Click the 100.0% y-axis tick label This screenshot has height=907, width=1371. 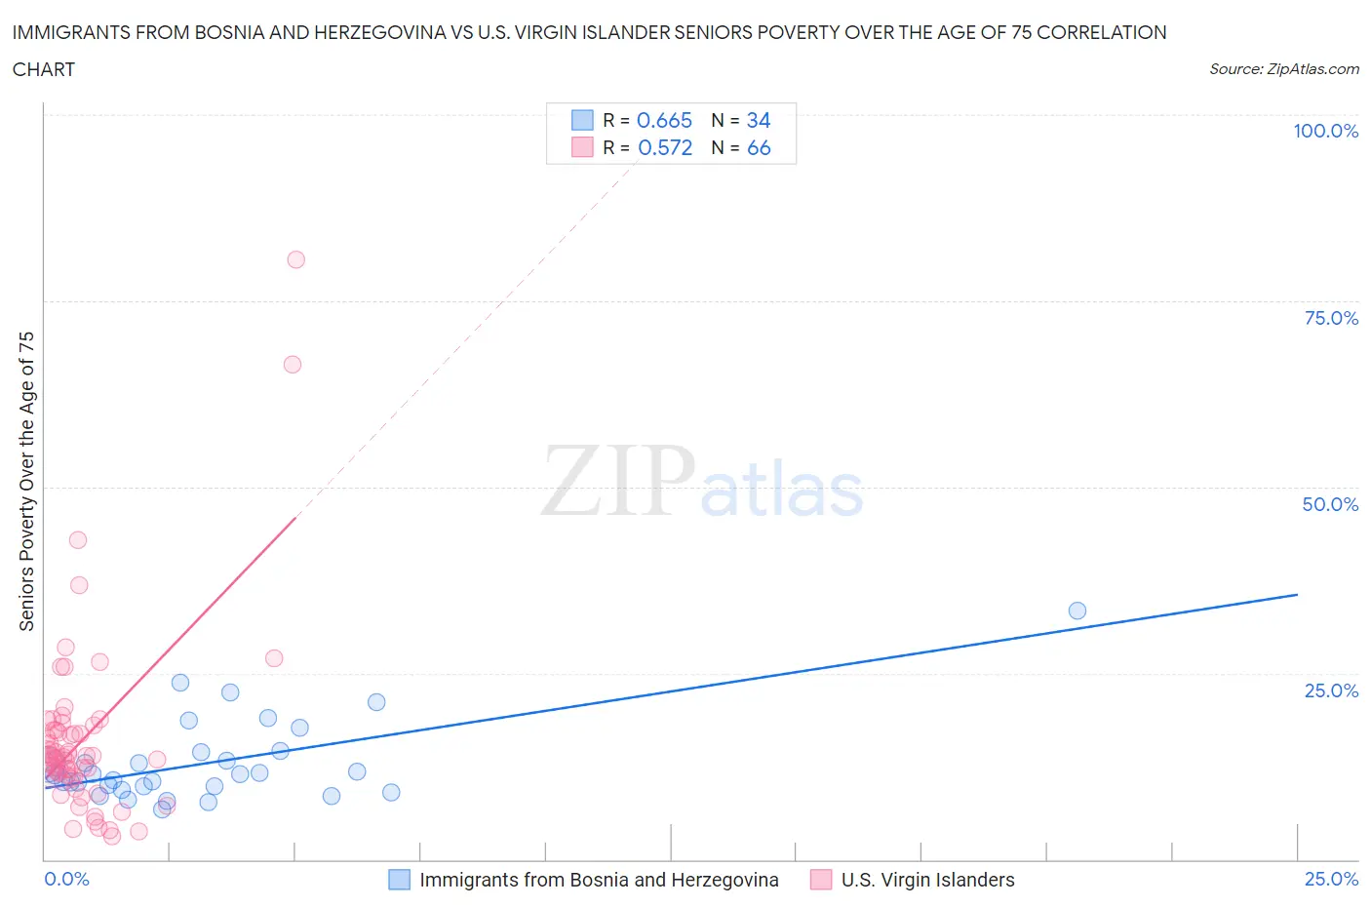[1325, 131]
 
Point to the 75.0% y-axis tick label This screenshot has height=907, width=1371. [1331, 318]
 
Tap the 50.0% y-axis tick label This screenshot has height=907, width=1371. [1330, 504]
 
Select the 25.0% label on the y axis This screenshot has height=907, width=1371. [1331, 690]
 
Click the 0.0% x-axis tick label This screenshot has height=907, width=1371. [66, 879]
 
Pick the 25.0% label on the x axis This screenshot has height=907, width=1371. [1331, 879]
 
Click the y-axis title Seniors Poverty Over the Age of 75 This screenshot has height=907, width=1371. [26, 481]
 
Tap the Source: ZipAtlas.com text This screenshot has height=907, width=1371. [1283, 68]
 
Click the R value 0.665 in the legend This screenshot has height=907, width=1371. [664, 120]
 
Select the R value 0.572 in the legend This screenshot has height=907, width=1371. [664, 147]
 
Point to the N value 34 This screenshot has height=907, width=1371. [759, 120]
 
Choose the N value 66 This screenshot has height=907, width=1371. [759, 147]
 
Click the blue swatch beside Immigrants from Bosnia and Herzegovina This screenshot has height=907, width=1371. [399, 880]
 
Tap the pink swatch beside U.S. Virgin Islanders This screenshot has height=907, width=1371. [821, 880]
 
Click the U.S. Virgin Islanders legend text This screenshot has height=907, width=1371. [927, 880]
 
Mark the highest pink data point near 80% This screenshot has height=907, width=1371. [295, 259]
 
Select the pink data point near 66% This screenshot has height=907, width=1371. [292, 365]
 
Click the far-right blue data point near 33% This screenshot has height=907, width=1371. [1077, 611]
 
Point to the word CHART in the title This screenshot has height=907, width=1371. [44, 69]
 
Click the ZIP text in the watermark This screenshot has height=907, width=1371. [618, 481]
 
